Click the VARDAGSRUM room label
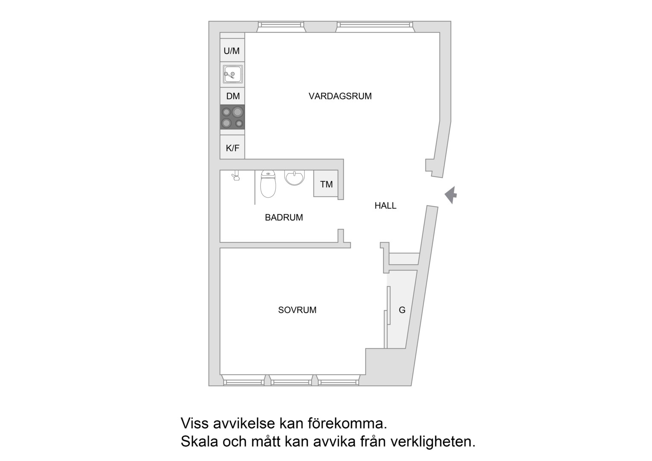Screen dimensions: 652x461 (340, 96)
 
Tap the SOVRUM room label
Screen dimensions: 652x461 (297, 310)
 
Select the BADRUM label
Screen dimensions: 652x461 (284, 218)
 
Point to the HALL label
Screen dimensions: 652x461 (385, 206)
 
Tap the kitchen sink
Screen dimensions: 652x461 (233, 74)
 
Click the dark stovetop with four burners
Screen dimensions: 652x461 (232, 117)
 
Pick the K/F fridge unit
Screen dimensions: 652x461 (232, 147)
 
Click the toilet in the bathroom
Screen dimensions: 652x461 (268, 184)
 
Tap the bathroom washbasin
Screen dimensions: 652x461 (294, 178)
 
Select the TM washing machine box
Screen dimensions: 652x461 (326, 184)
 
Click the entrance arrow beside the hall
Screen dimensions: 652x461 (451, 195)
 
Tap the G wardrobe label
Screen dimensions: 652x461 (402, 310)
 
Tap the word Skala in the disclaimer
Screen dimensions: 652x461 (199, 441)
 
